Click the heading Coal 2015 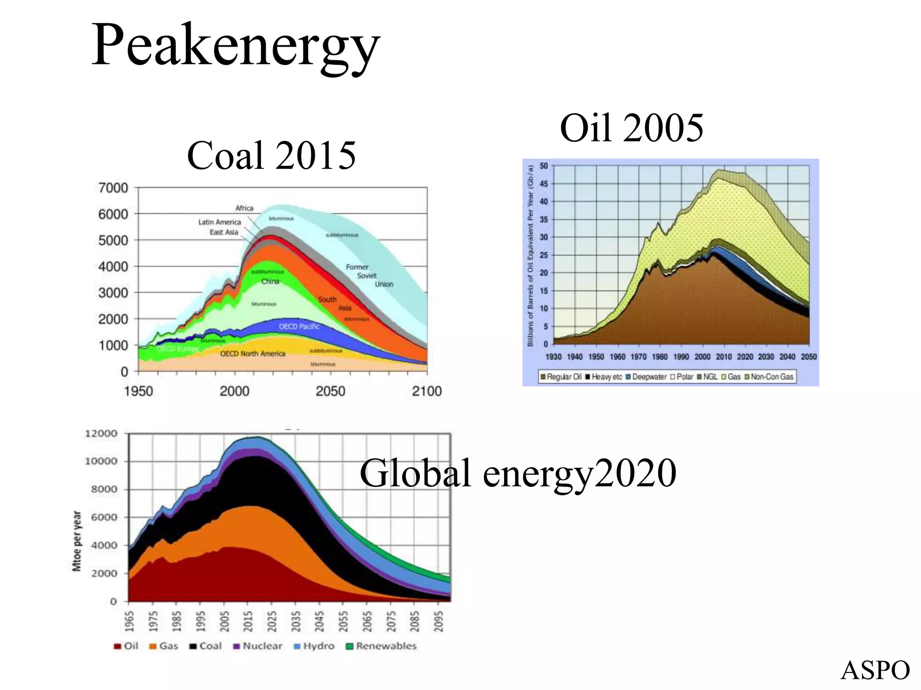click(271, 155)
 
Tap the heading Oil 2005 click(631, 128)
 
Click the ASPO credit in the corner click(875, 671)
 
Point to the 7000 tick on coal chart click(113, 188)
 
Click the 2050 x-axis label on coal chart click(330, 391)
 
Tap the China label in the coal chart click(270, 282)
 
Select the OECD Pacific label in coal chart click(299, 327)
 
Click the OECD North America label click(252, 354)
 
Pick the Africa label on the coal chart click(244, 208)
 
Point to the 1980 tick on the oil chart click(660, 357)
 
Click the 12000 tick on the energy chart click(101, 434)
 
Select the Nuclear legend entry click(258, 646)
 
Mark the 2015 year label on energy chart click(248, 622)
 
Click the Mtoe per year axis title click(77, 541)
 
